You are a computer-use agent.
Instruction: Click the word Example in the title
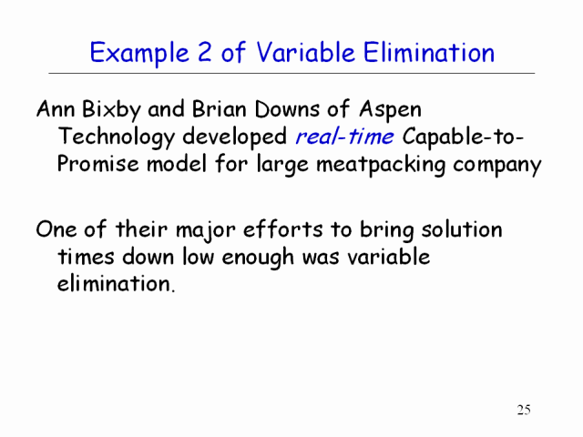(139, 53)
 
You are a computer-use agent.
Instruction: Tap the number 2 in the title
(204, 52)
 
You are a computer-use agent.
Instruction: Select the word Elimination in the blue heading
(429, 52)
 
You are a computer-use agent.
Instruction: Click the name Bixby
(111, 110)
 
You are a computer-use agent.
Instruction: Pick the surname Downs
(287, 109)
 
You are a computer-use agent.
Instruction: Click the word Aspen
(391, 110)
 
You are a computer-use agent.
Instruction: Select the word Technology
(117, 137)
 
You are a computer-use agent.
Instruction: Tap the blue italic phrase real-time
(344, 137)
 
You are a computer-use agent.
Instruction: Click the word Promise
(97, 163)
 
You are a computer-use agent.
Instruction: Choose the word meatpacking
(381, 165)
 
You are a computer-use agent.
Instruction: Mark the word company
(497, 166)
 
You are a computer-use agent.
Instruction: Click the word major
(205, 230)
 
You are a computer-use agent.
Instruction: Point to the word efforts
(283, 229)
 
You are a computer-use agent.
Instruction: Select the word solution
(462, 229)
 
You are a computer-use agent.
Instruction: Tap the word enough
(258, 257)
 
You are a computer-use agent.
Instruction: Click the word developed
(235, 137)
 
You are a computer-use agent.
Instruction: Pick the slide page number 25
(524, 410)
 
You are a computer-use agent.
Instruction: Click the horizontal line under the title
(291, 73)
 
